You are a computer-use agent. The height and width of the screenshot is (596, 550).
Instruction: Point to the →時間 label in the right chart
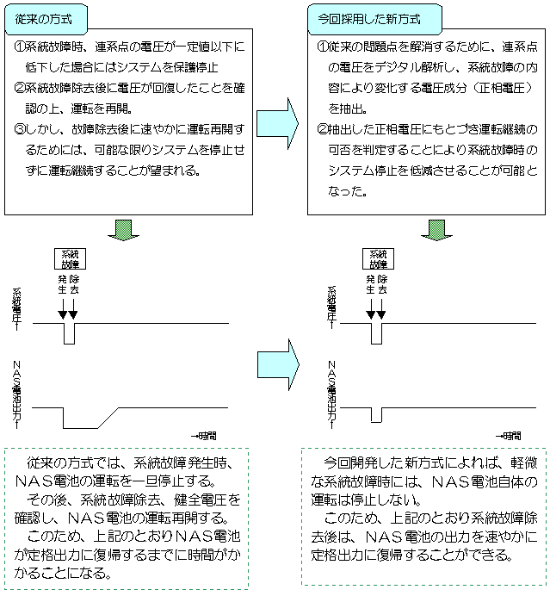508,436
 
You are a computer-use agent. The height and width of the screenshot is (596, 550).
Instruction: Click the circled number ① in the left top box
20,46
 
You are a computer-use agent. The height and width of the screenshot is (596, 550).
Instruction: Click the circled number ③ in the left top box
20,128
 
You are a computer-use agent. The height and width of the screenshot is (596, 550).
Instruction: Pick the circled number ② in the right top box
323,128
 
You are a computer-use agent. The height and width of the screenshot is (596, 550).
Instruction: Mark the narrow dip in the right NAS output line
376,414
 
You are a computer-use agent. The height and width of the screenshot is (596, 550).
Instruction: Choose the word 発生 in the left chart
62,285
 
